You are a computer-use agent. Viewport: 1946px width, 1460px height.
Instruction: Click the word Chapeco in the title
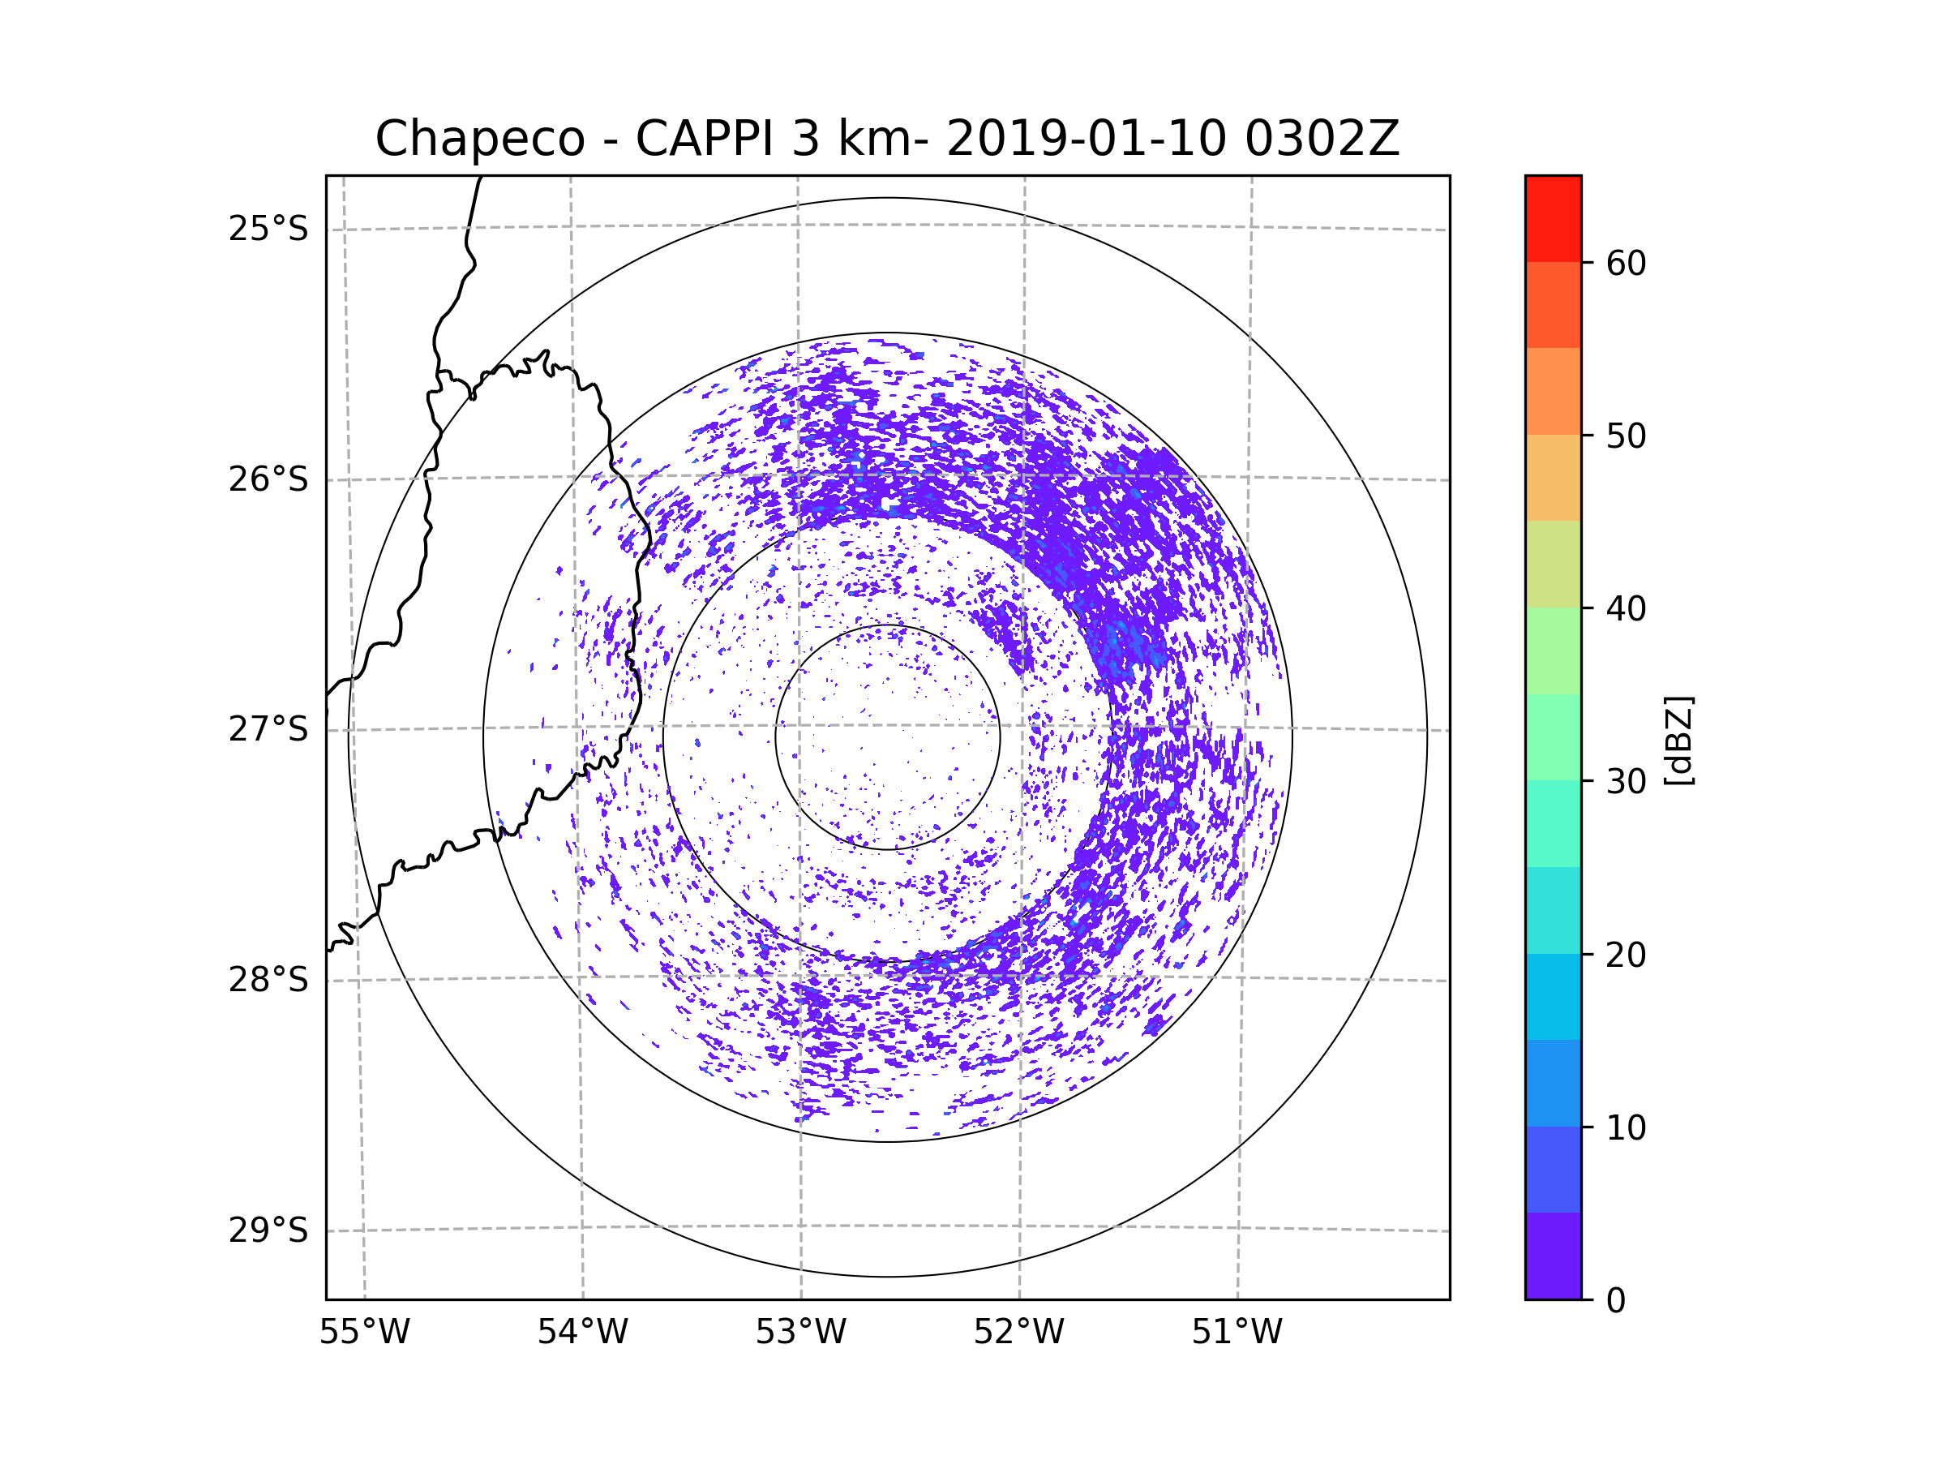point(479,139)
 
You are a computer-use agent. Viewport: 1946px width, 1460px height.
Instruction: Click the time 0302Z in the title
point(1322,139)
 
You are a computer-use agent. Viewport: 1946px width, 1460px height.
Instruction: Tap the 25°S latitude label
point(268,229)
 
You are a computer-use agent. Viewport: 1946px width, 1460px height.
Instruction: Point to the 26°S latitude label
point(268,479)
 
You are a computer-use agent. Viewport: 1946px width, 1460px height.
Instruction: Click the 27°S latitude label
point(268,729)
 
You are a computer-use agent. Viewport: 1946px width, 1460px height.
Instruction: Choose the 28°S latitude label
point(268,980)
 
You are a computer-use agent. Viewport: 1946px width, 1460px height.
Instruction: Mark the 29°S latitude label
point(268,1230)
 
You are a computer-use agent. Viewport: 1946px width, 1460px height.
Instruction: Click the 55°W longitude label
point(364,1333)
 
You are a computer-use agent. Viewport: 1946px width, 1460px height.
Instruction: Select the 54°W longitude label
point(582,1333)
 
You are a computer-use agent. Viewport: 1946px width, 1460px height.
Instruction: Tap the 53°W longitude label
point(800,1333)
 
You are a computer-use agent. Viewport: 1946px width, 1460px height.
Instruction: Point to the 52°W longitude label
point(1018,1333)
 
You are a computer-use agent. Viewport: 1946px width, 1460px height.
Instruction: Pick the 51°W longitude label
point(1237,1333)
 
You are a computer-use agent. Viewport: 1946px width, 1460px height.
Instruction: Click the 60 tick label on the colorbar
point(1626,263)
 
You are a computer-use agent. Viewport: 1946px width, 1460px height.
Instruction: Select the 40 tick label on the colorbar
point(1626,609)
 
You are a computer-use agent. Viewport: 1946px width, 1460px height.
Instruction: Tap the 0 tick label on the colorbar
point(1616,1301)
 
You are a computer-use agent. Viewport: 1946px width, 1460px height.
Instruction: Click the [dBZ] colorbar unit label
point(1678,741)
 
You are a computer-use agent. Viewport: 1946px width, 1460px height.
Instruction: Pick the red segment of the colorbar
point(1553,218)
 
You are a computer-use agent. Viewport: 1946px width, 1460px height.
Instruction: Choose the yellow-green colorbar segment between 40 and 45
point(1553,564)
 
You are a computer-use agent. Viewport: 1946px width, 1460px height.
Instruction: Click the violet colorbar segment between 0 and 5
point(1553,1256)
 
